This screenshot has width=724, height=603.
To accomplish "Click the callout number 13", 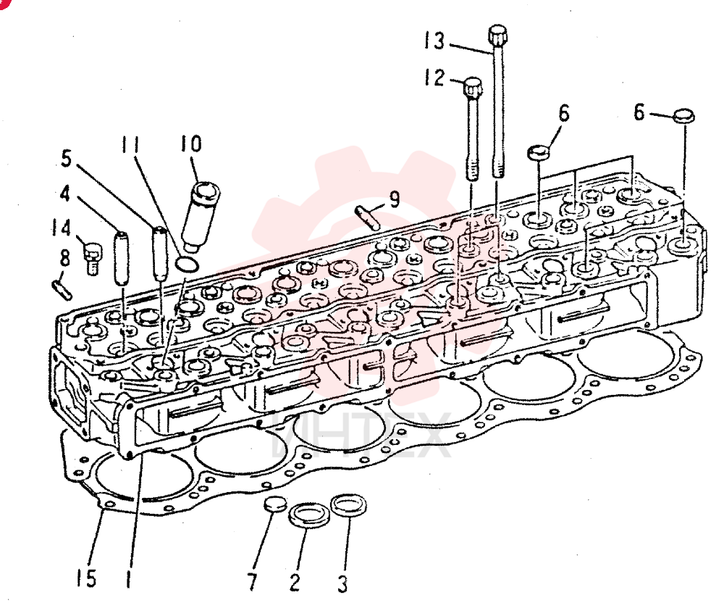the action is click(434, 41).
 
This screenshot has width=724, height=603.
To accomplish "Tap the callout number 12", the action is click(434, 77).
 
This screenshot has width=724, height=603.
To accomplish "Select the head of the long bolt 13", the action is click(498, 34).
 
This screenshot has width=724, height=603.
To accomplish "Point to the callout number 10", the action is click(190, 144).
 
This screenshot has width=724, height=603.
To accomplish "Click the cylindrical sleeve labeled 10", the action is click(201, 216).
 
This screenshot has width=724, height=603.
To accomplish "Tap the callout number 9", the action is click(394, 200).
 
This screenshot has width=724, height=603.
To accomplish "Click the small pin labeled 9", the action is click(368, 217).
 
